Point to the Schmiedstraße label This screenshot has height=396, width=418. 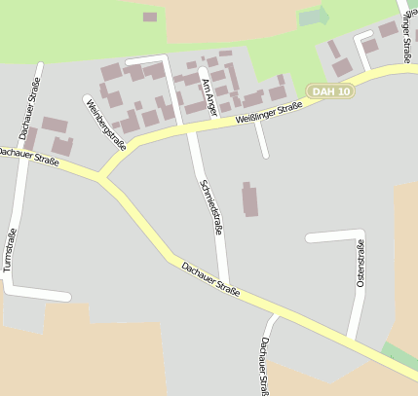tap(211, 206)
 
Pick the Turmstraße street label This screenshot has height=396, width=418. tap(9, 250)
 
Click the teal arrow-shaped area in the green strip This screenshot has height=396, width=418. tap(315, 17)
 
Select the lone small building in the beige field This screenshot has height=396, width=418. tap(149, 17)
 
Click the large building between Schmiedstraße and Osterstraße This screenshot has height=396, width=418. tap(250, 198)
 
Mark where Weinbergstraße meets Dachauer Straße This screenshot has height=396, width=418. tap(101, 177)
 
